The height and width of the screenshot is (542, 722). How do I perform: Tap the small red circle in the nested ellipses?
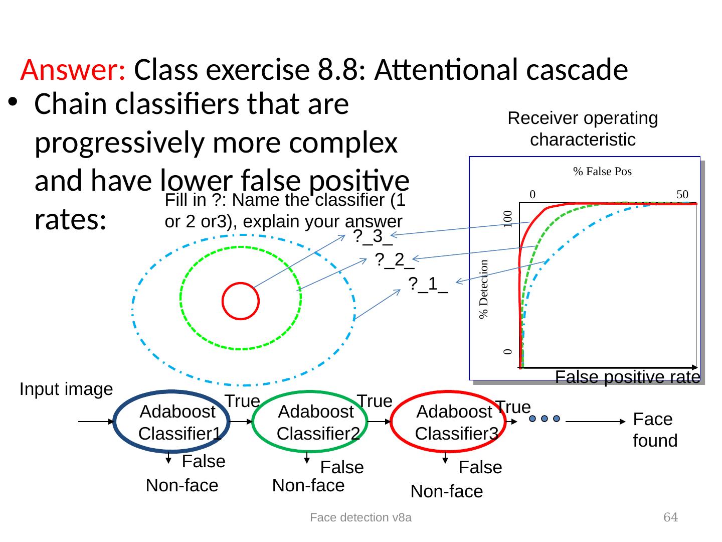(x=241, y=301)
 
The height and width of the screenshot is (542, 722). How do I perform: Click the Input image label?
(x=66, y=389)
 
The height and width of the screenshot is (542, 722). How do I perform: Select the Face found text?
(x=655, y=430)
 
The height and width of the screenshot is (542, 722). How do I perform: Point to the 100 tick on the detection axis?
(x=508, y=219)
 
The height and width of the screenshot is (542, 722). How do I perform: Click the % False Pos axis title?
(x=602, y=172)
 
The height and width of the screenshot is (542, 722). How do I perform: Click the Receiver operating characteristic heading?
(x=583, y=129)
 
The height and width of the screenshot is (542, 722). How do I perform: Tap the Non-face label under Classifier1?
(x=182, y=486)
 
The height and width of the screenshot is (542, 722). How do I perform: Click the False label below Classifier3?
(x=480, y=468)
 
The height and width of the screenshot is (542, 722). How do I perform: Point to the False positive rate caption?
(x=627, y=377)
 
